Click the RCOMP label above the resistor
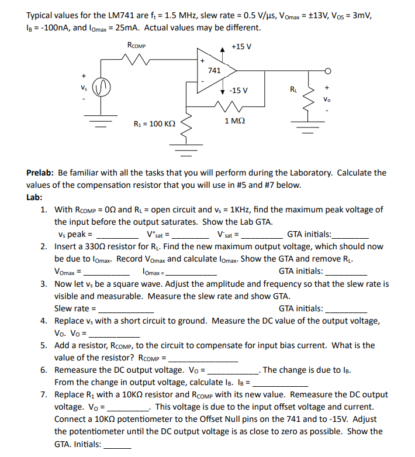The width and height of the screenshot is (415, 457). [136, 45]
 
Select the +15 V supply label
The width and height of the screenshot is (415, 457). [241, 46]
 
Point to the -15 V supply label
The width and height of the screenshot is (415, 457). [239, 90]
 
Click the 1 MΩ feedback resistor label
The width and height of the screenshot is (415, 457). [234, 120]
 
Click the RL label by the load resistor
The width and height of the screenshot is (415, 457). [294, 90]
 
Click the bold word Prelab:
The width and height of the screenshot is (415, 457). [40, 173]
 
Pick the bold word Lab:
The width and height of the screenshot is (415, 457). [34, 197]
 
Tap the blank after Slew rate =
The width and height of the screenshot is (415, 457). [126, 309]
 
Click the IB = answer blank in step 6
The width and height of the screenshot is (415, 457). [281, 383]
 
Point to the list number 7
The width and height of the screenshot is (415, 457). [44, 394]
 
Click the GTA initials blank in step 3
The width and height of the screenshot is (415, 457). [347, 309]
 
